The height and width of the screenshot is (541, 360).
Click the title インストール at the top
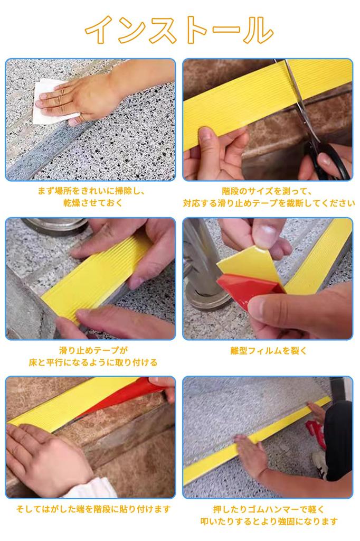[x=179, y=30]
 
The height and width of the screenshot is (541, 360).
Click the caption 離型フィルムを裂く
[x=268, y=351]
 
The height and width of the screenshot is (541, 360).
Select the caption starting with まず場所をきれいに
[x=91, y=191]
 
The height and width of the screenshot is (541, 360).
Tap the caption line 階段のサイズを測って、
[x=268, y=191]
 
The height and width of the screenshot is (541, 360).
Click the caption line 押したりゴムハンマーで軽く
[x=268, y=509]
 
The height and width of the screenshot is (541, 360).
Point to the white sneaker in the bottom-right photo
[x=320, y=458]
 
